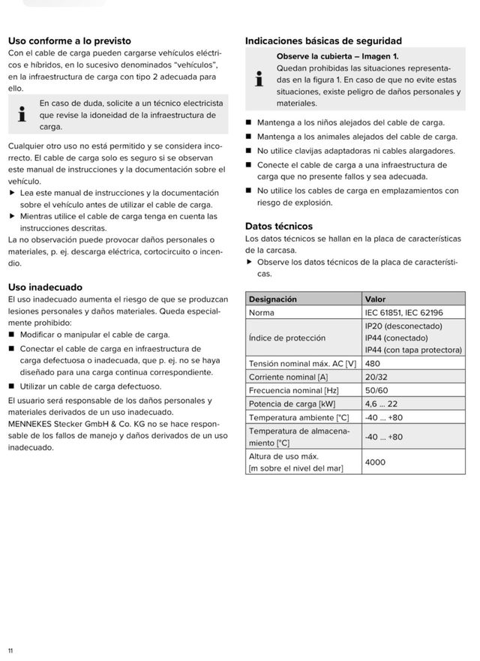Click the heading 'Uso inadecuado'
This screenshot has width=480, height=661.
pyautogui.click(x=45, y=287)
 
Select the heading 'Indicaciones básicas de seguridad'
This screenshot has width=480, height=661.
pyautogui.click(x=323, y=41)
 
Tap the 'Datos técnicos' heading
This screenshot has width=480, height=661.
pyautogui.click(x=279, y=226)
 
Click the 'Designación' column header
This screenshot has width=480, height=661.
pyautogui.click(x=273, y=299)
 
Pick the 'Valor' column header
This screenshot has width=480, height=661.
pyautogui.click(x=375, y=299)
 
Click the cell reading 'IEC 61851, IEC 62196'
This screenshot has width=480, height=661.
pyautogui.click(x=403, y=312)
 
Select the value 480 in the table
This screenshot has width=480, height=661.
pyautogui.click(x=373, y=363)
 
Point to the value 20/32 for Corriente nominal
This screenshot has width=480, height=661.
pyautogui.click(x=376, y=377)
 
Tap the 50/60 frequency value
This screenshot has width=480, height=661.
pyautogui.click(x=376, y=390)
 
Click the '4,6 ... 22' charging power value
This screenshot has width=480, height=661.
pyautogui.click(x=381, y=404)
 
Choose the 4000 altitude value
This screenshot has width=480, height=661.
pyautogui.click(x=375, y=462)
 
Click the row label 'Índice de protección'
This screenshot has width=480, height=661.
pyautogui.click(x=287, y=338)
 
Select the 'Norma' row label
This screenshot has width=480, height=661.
pyautogui.click(x=262, y=312)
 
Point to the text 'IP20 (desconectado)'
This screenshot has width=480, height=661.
pyautogui.click(x=403, y=326)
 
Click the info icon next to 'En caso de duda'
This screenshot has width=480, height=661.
pyautogui.click(x=22, y=115)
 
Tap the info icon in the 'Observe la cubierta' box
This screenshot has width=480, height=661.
pyautogui.click(x=259, y=80)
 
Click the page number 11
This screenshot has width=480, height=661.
pyautogui.click(x=10, y=650)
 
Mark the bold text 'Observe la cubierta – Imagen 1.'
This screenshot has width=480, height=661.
pyautogui.click(x=337, y=56)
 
